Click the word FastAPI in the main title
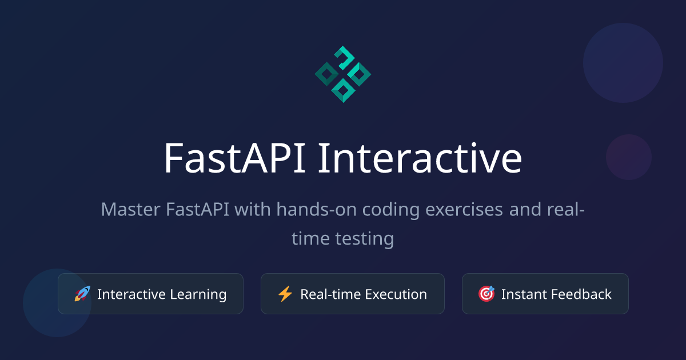tap(235, 158)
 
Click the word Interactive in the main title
tap(420, 158)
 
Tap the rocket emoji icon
tap(83, 294)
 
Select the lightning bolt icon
tap(285, 294)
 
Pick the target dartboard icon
tap(486, 294)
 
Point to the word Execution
tap(396, 294)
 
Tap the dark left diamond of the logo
tap(326, 74)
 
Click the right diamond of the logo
tap(360, 74)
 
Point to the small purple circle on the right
tap(629, 157)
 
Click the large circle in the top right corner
tap(623, 63)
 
